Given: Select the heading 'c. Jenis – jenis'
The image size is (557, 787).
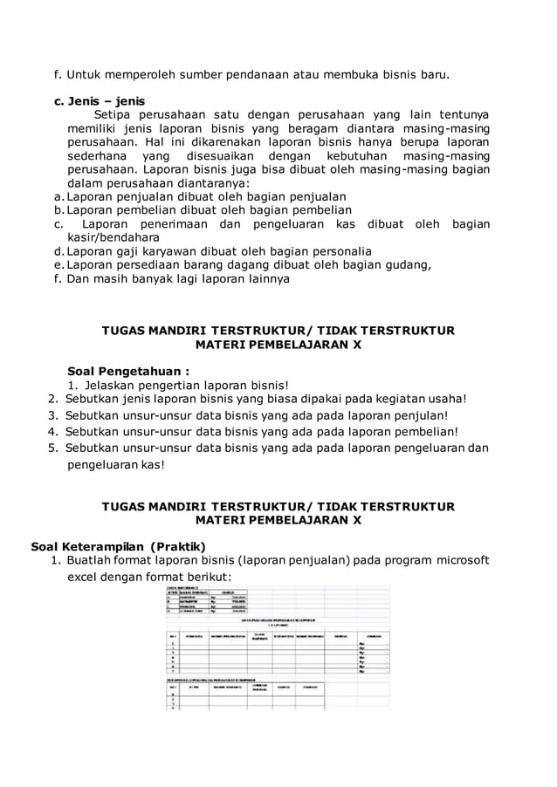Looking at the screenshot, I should click(100, 100).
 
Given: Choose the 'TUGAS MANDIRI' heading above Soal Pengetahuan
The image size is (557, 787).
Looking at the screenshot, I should click(278, 332).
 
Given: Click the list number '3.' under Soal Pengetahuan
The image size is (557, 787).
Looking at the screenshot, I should click(53, 415).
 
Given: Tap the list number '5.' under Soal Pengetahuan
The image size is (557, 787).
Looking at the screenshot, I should click(53, 448).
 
